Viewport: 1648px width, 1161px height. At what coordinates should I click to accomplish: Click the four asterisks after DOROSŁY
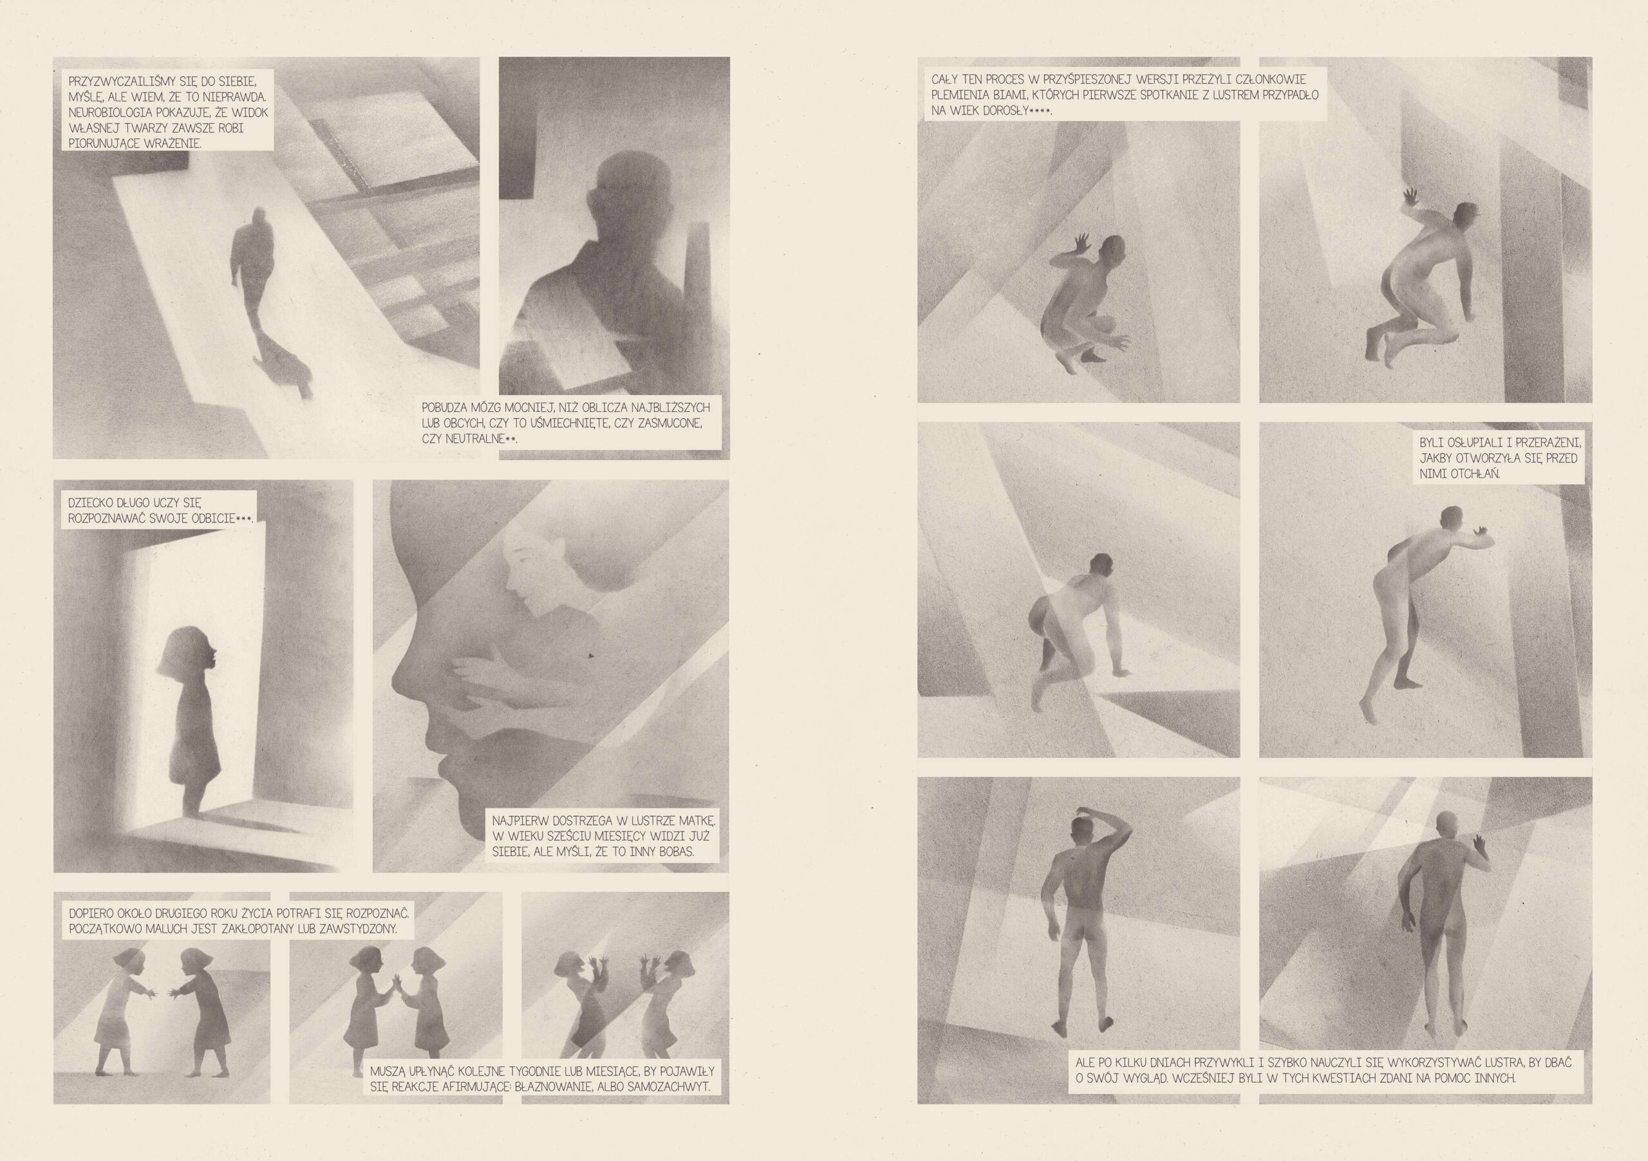point(1040,111)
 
